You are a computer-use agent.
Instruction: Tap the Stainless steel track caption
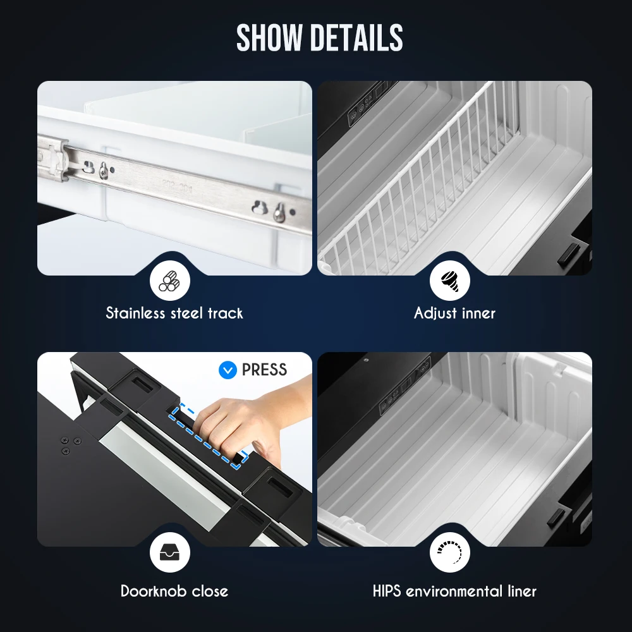coord(174,313)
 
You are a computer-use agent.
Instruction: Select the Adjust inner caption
coord(454,313)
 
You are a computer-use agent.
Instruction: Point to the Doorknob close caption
coord(174,592)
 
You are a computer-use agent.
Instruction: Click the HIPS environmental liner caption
coord(454,592)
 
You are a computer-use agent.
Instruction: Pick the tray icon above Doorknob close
coord(169,554)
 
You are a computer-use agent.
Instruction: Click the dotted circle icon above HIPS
coord(449,554)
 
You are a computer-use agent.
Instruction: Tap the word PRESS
coord(264,370)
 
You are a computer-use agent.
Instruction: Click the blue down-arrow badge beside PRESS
coord(228,370)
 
